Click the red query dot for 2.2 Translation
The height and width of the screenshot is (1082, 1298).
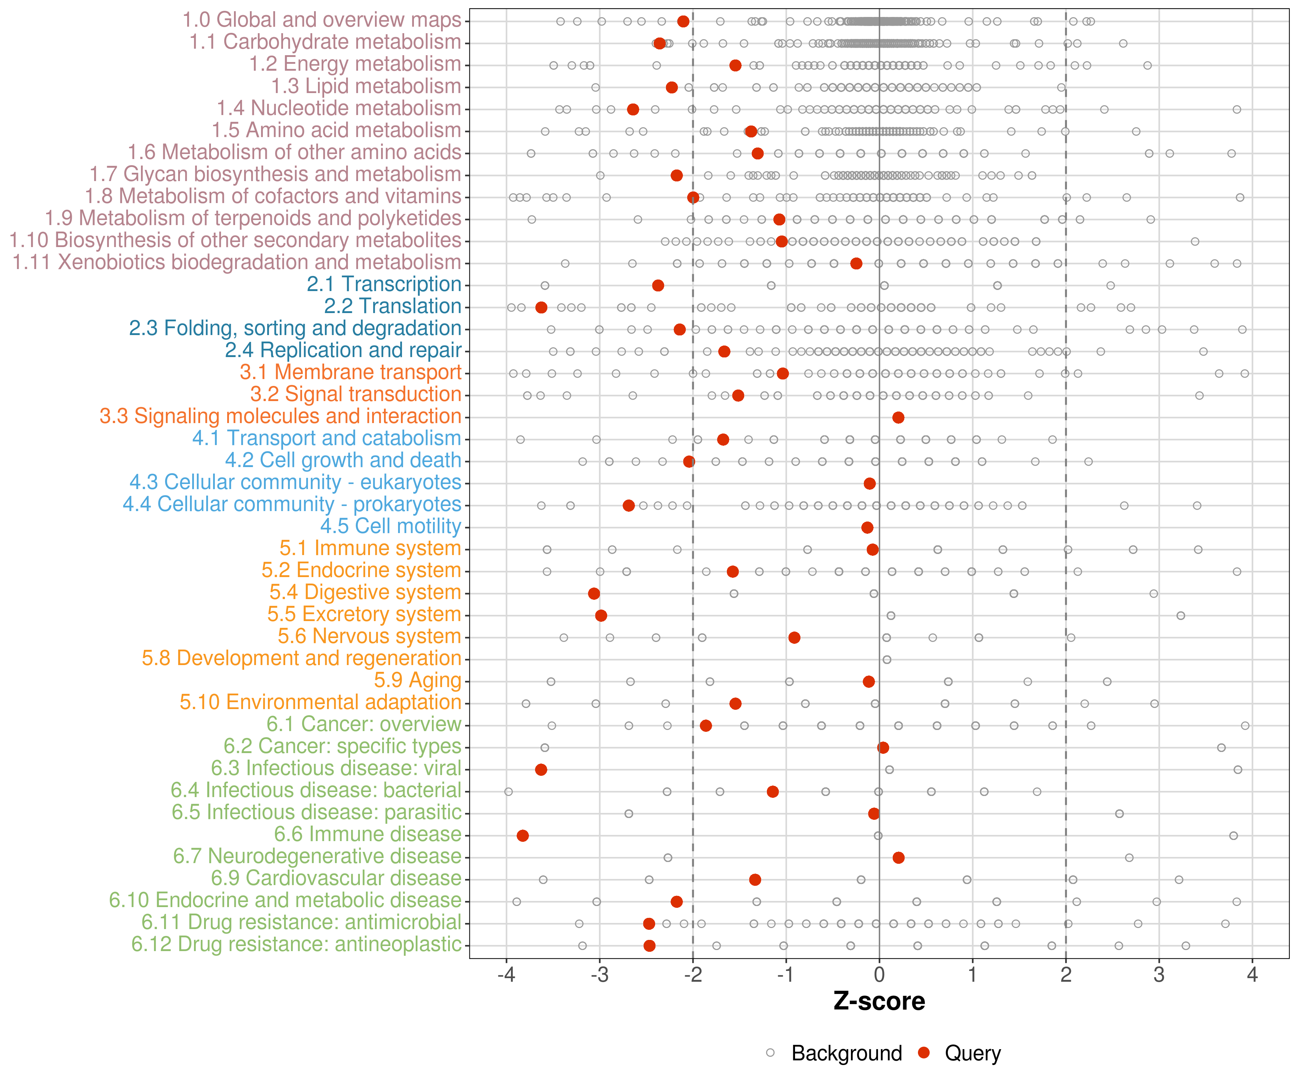[542, 307]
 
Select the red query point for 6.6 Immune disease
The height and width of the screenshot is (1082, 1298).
[523, 836]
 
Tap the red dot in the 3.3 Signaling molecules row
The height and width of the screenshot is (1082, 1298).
[899, 418]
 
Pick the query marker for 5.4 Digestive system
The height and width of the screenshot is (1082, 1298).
[594, 594]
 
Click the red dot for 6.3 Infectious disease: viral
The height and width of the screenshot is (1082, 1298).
[541, 770]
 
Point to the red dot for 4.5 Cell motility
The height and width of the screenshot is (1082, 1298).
[867, 527]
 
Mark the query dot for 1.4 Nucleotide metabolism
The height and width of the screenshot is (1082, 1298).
[633, 109]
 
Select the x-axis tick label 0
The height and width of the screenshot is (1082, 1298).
[879, 976]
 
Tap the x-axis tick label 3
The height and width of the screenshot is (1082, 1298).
[1159, 976]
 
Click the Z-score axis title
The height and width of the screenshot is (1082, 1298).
[879, 1002]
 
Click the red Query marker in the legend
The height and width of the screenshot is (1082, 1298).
[924, 1052]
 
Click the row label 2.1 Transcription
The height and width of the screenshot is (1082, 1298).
[384, 285]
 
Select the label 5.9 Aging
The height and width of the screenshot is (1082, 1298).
[418, 680]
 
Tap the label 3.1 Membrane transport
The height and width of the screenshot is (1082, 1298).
[350, 372]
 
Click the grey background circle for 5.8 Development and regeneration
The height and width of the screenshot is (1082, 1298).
[887, 660]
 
